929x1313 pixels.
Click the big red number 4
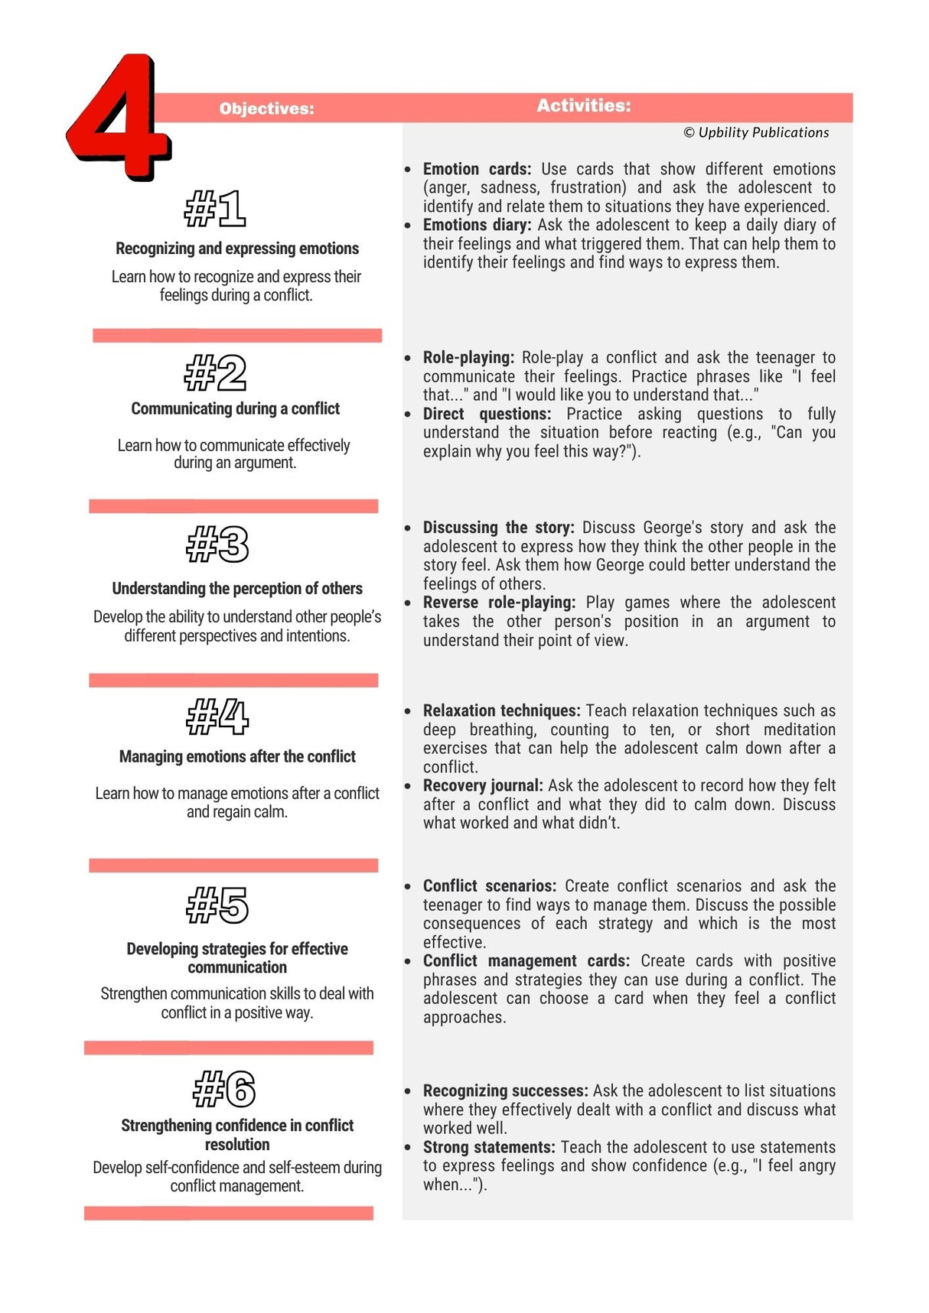119,119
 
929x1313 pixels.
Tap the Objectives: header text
266,109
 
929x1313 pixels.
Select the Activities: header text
583,106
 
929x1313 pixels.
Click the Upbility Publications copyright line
756,132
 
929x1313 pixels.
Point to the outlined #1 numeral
215,209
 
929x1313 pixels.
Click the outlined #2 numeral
216,373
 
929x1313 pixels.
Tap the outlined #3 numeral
218,544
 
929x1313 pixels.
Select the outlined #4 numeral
218,717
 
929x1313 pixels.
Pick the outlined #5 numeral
218,905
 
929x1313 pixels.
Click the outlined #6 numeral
224,1088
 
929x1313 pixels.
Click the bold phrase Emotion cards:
477,169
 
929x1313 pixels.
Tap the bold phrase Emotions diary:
477,225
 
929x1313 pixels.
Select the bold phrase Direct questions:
487,414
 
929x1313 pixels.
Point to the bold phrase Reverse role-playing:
499,603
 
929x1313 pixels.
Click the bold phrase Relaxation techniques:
501,710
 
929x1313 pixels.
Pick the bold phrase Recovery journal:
483,785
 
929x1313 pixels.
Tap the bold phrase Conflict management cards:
526,960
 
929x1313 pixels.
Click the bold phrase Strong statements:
489,1147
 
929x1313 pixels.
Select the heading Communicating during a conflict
235,408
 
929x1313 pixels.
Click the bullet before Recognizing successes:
408,1092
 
